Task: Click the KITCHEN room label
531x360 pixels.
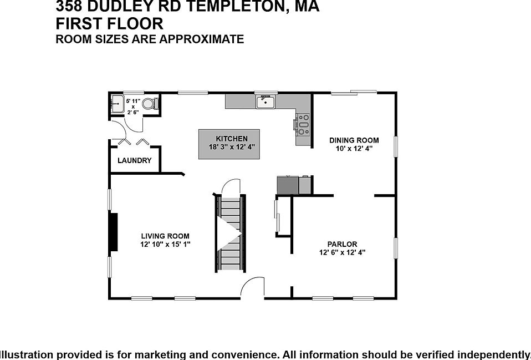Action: click(x=232, y=139)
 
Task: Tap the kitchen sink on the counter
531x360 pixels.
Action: click(x=266, y=102)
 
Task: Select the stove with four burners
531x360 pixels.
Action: click(x=303, y=124)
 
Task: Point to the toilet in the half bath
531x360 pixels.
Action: click(x=150, y=104)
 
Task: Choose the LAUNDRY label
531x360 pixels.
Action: click(x=135, y=160)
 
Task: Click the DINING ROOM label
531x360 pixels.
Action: click(x=354, y=140)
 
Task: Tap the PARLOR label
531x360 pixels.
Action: click(x=343, y=244)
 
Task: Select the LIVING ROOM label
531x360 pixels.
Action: click(x=165, y=236)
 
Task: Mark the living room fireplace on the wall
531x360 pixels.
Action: click(x=114, y=232)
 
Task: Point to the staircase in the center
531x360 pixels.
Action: click(x=230, y=233)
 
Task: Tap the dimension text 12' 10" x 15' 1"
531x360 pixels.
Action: click(x=165, y=245)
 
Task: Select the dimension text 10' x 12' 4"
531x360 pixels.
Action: click(x=354, y=149)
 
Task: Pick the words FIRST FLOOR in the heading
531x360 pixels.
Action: click(x=109, y=24)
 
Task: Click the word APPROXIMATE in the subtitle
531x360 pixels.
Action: click(x=202, y=39)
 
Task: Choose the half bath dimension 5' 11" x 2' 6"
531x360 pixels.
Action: click(x=133, y=107)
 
